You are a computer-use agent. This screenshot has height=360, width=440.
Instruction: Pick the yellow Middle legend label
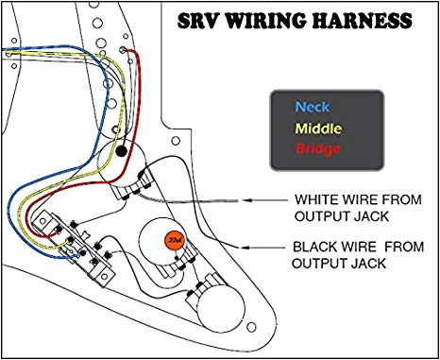tap(319, 129)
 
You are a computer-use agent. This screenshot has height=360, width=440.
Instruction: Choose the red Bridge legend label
tap(317, 149)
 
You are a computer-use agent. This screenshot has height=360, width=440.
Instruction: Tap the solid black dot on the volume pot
tap(122, 150)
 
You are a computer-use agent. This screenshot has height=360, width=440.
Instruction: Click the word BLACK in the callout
tap(316, 246)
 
